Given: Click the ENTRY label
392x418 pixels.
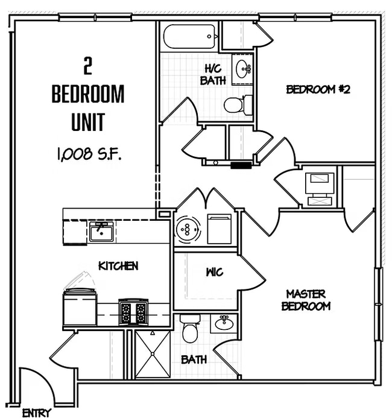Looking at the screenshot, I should point(36,413).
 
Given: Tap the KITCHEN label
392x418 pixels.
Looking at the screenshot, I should point(119,265).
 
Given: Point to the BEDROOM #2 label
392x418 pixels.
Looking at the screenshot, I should point(318,90).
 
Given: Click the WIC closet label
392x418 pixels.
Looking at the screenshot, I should point(214,272).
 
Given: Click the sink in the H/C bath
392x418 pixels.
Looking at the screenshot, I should point(244,67).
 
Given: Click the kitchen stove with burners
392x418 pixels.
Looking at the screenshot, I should point(133,312).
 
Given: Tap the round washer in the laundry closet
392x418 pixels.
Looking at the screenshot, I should point(188,229).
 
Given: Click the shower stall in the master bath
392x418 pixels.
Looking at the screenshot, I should point(152,354).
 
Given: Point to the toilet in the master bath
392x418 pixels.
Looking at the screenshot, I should point(190,329).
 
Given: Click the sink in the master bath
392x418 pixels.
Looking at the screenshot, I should point(224,323).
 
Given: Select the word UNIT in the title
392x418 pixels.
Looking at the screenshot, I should point(88,122).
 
